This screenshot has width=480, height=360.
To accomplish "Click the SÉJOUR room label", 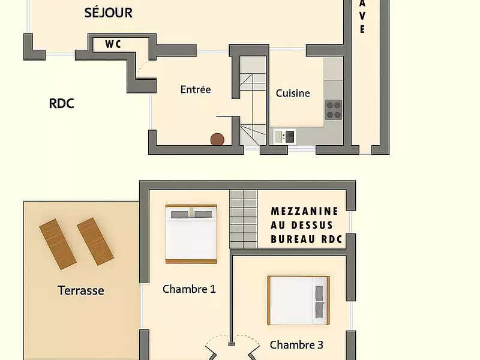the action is click(x=109, y=13).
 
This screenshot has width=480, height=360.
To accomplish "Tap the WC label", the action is click(x=113, y=44).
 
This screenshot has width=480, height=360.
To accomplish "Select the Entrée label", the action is click(x=196, y=89).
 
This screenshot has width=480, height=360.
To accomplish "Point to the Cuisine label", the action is click(x=293, y=93).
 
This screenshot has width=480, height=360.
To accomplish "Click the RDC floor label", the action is click(x=61, y=103).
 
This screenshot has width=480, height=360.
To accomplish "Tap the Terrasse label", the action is click(x=81, y=291).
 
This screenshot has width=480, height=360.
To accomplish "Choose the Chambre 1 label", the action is click(x=189, y=289).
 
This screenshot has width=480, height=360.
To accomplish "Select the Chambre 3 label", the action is click(x=296, y=345).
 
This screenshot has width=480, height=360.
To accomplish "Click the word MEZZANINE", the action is click(x=305, y=211).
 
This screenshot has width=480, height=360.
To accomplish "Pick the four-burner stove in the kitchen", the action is click(x=334, y=109).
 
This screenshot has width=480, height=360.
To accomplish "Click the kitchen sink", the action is click(x=284, y=137).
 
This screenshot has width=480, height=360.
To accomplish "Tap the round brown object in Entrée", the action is click(x=218, y=140).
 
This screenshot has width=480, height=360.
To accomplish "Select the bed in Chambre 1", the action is click(x=191, y=234).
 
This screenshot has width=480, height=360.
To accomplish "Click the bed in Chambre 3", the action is click(x=298, y=300).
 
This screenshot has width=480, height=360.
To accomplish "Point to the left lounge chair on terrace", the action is click(x=58, y=244).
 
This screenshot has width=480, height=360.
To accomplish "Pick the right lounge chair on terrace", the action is click(x=95, y=241).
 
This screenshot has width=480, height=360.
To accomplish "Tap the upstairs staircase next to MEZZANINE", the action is click(x=244, y=219).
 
